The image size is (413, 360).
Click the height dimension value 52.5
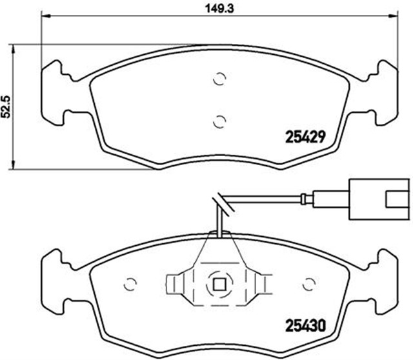7,106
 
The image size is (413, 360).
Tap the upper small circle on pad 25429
219,79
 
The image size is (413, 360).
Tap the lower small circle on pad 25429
219,120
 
